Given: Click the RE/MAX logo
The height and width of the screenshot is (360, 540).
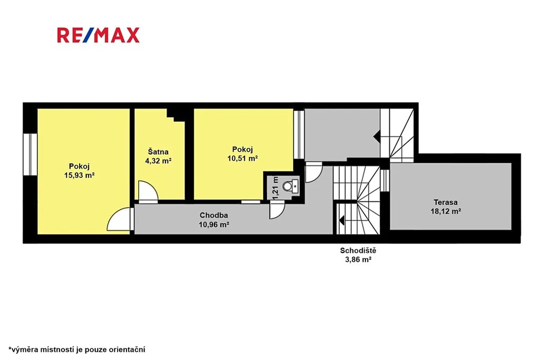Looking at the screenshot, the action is coord(98,35).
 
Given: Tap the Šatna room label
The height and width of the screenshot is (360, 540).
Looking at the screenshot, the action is coord(158,151).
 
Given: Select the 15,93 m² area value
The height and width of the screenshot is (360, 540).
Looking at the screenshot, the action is coord(79,175).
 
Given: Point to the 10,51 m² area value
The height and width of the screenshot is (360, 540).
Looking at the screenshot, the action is coord(243,158).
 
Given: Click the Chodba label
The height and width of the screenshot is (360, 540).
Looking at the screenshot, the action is coord(214,216).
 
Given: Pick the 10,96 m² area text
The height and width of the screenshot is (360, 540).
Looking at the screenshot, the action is coord(214,225).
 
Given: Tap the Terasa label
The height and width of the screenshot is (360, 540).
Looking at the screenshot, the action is coord(446,202).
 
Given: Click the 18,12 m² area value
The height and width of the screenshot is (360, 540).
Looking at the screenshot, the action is coord(446,211).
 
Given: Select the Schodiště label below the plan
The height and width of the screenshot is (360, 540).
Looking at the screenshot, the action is coord(358,250).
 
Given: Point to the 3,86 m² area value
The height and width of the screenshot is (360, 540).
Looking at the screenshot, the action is coord(358,259).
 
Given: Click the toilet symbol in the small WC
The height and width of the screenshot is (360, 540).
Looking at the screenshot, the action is coord(291,186).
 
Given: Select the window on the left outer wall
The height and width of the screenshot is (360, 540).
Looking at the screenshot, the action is coord(30,154).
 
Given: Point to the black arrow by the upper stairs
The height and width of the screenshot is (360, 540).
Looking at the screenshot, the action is coord(377,137).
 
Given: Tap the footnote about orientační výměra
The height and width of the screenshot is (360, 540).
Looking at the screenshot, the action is coord(77,349).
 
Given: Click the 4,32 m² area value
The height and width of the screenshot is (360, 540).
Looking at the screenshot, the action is coord(158,161).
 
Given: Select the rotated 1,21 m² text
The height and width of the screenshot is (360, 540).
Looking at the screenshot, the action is coord(275,187).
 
